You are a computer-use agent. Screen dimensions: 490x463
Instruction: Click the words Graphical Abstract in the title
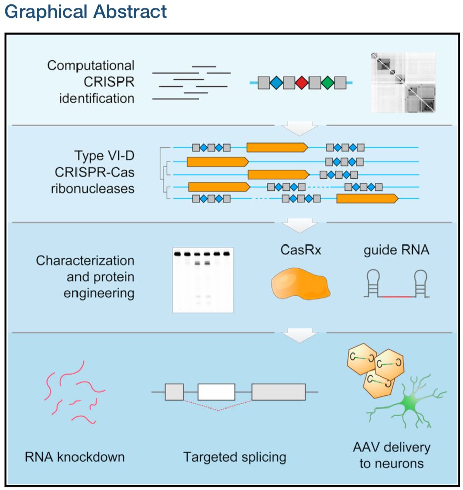85,12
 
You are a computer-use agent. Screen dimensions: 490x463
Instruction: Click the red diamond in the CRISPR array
301,83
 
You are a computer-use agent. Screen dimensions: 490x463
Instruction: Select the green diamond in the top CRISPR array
327,83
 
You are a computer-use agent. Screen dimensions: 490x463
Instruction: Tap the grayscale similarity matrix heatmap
403,83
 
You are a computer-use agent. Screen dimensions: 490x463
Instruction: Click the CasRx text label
300,250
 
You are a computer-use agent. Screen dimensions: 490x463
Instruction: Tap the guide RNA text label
397,250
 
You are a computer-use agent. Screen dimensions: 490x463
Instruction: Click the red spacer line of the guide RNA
397,298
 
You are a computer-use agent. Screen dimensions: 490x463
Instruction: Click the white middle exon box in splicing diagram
216,392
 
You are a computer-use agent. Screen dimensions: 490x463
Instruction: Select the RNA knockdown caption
74,457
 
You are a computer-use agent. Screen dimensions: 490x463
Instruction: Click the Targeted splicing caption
235,457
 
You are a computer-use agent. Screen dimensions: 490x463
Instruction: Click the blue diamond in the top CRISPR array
276,83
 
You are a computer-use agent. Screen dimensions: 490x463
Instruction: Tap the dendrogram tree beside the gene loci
165,174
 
